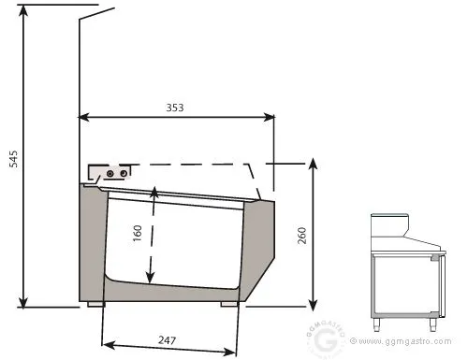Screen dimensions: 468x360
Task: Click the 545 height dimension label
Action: coord(14,159)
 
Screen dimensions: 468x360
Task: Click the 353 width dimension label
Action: coord(175,108)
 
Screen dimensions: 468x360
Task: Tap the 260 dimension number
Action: coord(302,236)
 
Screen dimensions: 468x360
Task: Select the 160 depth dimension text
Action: coord(138,233)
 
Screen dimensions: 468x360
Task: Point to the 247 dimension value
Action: coord(168,339)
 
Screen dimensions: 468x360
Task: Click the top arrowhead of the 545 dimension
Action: coord(22,11)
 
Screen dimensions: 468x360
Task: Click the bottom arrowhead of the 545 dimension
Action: coord(23,301)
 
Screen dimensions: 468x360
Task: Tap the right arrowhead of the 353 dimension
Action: coord(269,118)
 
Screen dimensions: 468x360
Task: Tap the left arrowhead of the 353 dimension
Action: coord(84,117)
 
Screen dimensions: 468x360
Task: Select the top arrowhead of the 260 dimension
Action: coord(314,164)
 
